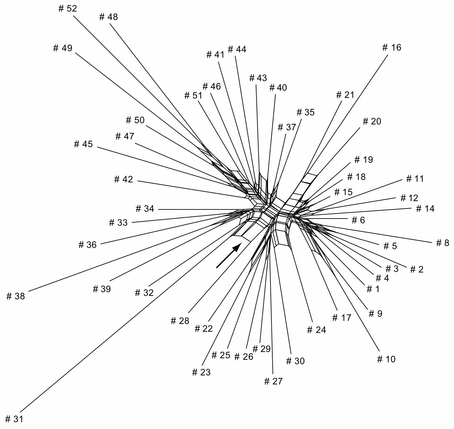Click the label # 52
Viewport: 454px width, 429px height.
point(67,8)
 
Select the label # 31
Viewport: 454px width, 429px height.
point(14,419)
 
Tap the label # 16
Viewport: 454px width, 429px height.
point(392,47)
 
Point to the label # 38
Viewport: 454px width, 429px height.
point(16,296)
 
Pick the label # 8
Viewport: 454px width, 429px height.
point(442,243)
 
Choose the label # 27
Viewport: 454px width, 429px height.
point(273,381)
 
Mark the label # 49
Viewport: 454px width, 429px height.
point(63,48)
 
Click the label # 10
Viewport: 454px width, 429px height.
point(386,359)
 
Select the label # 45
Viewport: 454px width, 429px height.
point(84,144)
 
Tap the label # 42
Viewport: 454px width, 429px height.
point(123,179)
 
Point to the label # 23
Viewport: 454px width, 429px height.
point(201,372)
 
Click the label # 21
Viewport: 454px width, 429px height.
point(345,95)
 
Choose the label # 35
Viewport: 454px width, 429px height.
point(305,112)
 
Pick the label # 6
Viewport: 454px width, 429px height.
point(358,220)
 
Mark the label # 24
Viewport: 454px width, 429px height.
point(317,330)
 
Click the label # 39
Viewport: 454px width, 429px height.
point(102,289)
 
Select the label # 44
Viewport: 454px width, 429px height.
point(237,49)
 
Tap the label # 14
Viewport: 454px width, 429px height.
point(425,208)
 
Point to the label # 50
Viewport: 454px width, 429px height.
point(135,120)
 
